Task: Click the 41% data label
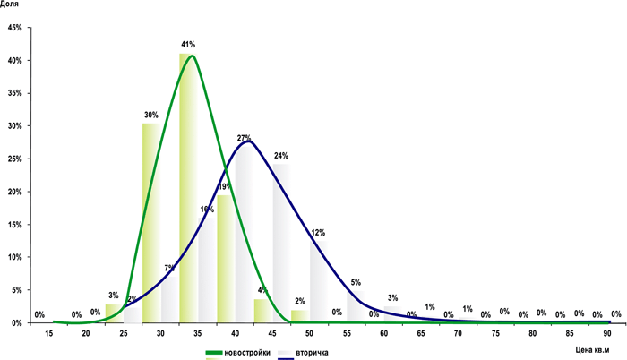(x=188, y=44)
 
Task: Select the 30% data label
(x=150, y=115)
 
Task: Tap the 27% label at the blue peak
(x=244, y=138)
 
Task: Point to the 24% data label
(x=280, y=156)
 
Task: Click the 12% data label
(x=318, y=233)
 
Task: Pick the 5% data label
(x=356, y=283)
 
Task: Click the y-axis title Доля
(x=13, y=5)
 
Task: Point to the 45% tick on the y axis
(x=14, y=28)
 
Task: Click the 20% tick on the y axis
(x=14, y=192)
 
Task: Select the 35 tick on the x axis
(x=197, y=334)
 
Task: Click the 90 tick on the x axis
(x=607, y=334)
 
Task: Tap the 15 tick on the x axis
(x=48, y=334)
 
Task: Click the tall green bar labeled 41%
(x=185, y=188)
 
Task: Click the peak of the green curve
(x=191, y=56)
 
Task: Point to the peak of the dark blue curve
(x=248, y=141)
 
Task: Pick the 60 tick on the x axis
(x=383, y=334)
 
